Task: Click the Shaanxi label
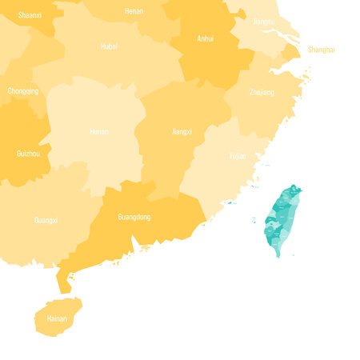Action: pos(30,14)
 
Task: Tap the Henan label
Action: pos(134,11)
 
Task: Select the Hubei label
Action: pos(109,46)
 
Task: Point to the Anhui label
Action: pos(205,38)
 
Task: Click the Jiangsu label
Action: pos(263,22)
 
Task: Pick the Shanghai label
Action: pos(321,50)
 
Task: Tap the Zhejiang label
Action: pos(261,93)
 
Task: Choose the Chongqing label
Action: pos(23,91)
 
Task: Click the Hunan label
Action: pos(98,131)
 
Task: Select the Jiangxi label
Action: pos(182,131)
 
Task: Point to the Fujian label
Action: pos(238,156)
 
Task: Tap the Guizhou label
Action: pos(28,152)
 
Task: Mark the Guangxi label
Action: pos(46,220)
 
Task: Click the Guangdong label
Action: pos(134,217)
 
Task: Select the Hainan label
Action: pos(57,318)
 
